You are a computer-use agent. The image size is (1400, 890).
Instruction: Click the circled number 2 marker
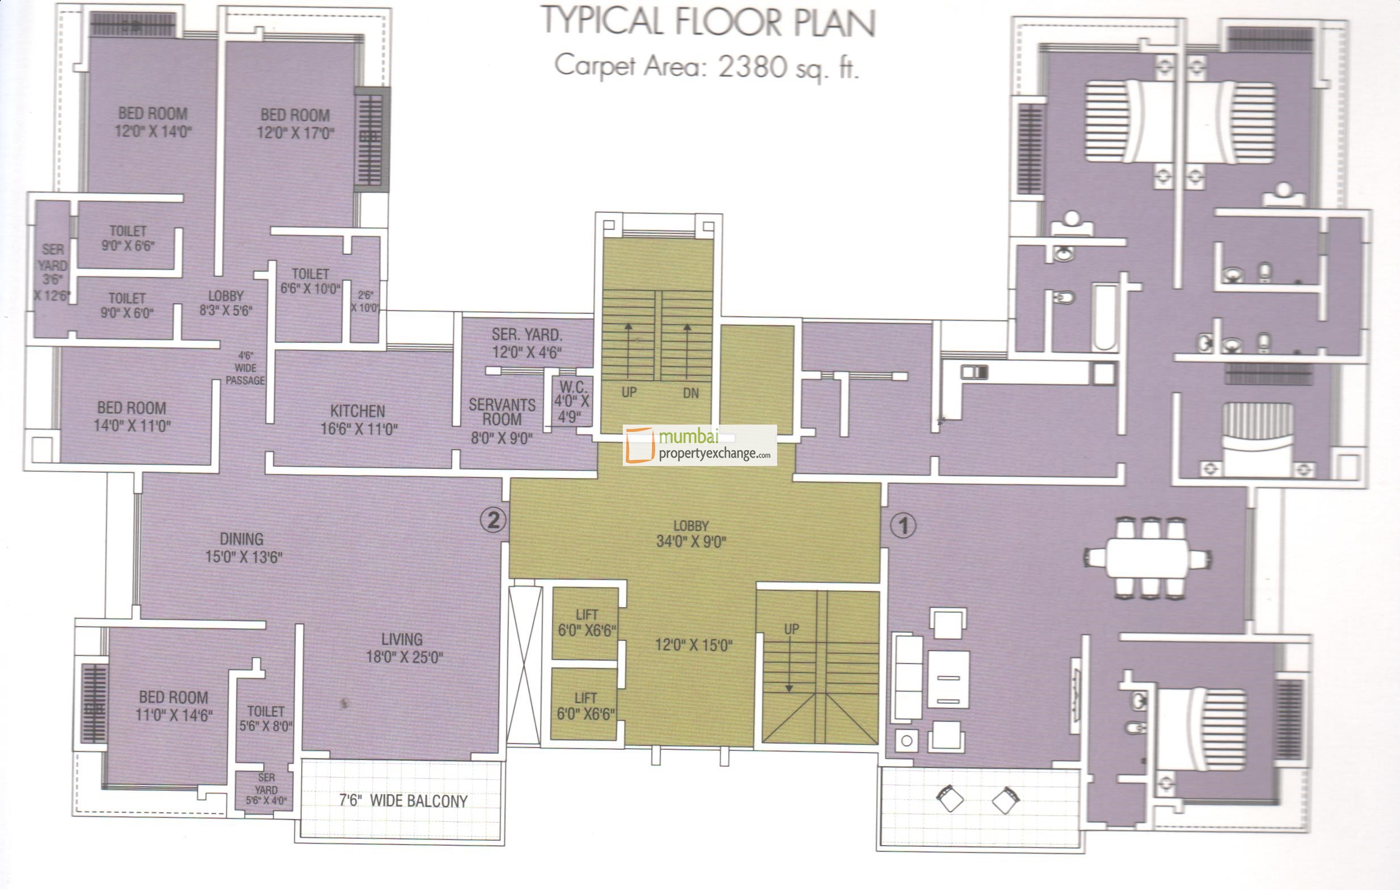[493, 519]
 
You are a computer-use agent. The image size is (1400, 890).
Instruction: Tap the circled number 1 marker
[903, 526]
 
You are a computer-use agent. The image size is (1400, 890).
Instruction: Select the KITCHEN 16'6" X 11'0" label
[358, 420]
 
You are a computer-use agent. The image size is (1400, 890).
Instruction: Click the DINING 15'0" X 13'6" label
[242, 547]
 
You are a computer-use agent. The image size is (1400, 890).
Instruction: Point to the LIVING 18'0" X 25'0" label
[403, 648]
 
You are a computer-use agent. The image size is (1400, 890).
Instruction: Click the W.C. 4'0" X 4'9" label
[572, 401]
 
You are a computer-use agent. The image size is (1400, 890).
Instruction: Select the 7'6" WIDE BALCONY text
[403, 801]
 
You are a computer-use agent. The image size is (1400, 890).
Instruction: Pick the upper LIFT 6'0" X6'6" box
[586, 623]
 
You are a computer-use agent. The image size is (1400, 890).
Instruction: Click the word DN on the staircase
[690, 393]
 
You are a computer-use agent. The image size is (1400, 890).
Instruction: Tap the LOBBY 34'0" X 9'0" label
[691, 534]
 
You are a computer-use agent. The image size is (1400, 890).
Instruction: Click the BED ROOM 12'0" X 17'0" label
[296, 124]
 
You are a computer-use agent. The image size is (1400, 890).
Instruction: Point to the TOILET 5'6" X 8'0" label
[265, 719]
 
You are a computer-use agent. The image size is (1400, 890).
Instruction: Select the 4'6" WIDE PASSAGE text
[244, 368]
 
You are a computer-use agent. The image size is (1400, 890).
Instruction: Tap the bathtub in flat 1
[1104, 318]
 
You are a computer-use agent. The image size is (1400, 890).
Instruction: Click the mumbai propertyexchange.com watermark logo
[699, 445]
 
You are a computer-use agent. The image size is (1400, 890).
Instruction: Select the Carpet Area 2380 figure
[752, 66]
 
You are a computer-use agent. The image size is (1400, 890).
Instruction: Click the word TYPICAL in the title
[603, 22]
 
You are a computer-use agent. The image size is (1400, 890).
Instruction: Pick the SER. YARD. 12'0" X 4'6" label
[527, 343]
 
